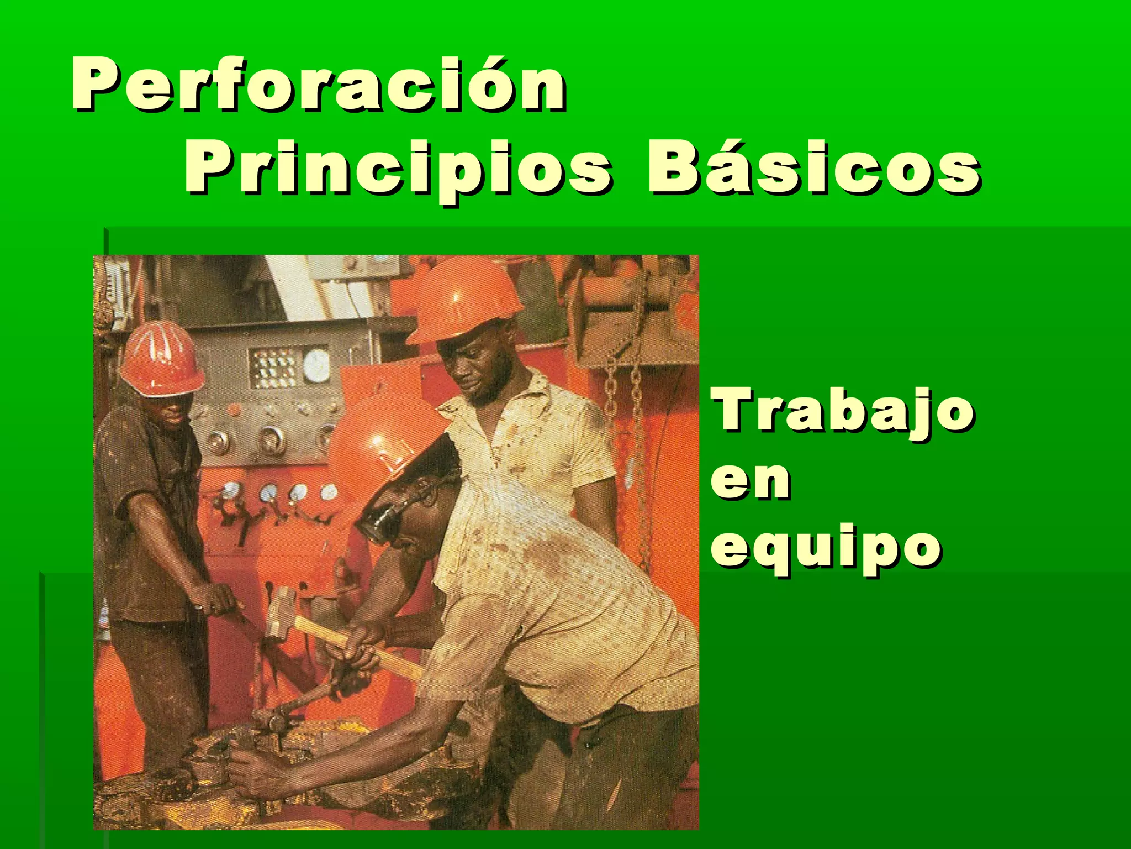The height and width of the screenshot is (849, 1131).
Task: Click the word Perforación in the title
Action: [x=318, y=86]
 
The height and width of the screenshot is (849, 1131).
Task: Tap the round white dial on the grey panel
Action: [x=316, y=365]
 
